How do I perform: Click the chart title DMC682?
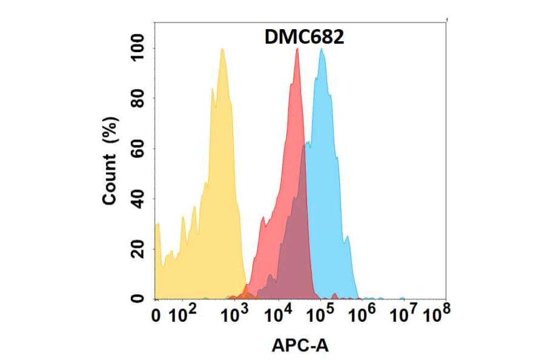click(305, 38)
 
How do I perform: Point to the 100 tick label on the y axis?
click(139, 48)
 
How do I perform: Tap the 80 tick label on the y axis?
click(139, 98)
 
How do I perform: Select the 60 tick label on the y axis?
click(139, 148)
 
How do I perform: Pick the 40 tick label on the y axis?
click(139, 199)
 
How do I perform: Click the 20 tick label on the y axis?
click(139, 248)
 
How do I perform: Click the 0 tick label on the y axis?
click(139, 298)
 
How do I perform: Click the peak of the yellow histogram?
click(222, 49)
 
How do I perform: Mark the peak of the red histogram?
click(297, 49)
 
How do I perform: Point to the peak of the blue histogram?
click(322, 49)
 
